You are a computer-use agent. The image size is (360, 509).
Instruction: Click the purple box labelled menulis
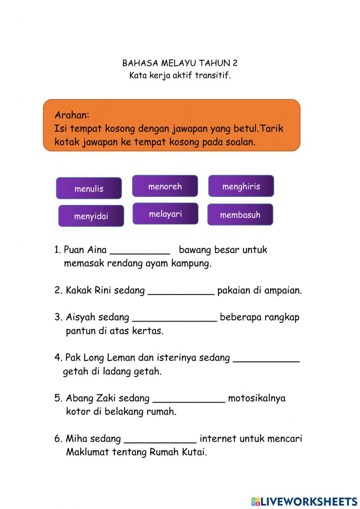point(89,188)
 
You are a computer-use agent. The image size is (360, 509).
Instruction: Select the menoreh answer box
point(165,186)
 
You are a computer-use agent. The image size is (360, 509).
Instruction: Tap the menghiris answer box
point(241,186)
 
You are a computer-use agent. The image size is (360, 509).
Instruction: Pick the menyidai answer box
point(91,216)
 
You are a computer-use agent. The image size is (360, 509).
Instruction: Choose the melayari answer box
point(165,214)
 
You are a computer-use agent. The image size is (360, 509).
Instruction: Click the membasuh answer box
point(240,215)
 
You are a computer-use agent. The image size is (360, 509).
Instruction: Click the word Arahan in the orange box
point(72,115)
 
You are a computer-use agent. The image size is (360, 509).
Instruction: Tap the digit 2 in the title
point(235,63)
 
